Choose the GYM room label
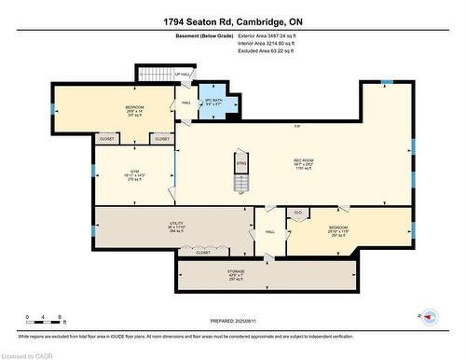133,177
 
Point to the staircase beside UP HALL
150,73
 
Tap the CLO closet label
298,213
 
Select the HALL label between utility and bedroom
270,232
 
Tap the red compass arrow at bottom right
429,317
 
